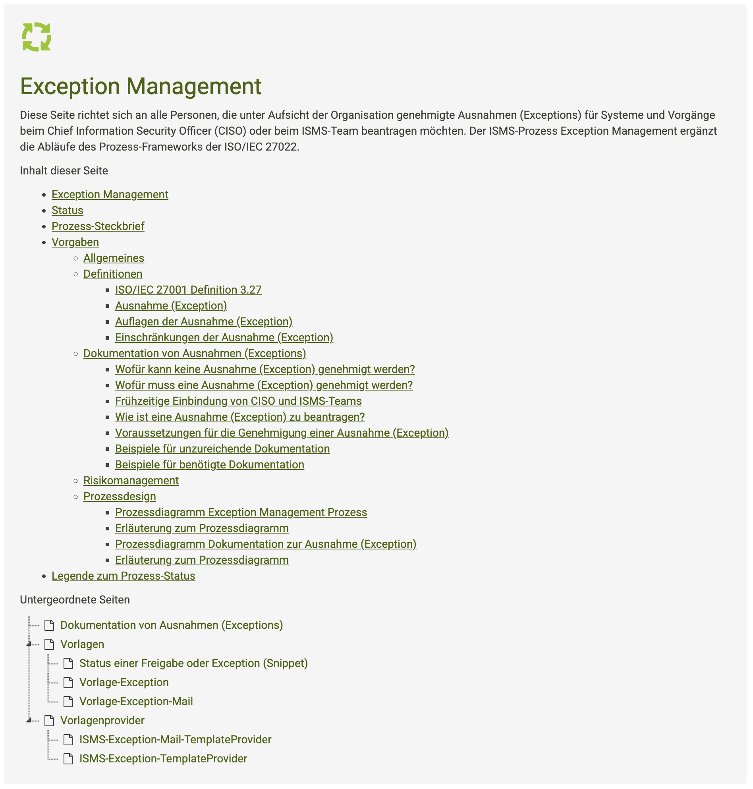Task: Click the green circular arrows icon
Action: [37, 37]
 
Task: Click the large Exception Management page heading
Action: [141, 86]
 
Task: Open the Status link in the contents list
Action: [67, 211]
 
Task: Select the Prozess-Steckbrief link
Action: [98, 226]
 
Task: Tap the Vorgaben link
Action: [75, 242]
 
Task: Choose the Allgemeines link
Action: [114, 258]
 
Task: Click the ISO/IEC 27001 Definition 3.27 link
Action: [188, 290]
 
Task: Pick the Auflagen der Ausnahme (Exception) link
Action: [203, 322]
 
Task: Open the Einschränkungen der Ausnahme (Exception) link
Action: [224, 338]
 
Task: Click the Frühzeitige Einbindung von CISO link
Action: [238, 401]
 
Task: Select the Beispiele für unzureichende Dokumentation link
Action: [222, 449]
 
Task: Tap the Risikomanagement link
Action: [131, 481]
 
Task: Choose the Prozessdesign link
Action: [119, 497]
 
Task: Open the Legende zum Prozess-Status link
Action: [123, 576]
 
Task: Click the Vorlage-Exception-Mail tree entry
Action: [136, 702]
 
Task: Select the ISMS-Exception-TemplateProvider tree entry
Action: [163, 759]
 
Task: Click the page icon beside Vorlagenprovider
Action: [49, 721]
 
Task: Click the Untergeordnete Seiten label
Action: [75, 600]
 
